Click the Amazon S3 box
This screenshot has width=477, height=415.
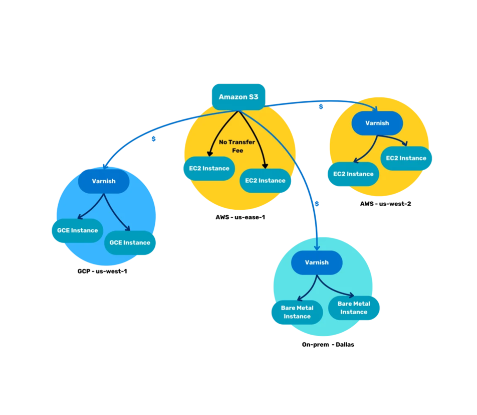[238, 97]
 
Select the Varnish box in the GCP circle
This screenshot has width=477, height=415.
[104, 181]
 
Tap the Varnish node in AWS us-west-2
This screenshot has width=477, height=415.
[377, 123]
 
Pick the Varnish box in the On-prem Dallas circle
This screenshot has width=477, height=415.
[317, 262]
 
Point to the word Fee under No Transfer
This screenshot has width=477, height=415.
[237, 151]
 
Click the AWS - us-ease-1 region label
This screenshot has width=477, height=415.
[236, 217]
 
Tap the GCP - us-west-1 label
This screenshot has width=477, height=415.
[102, 271]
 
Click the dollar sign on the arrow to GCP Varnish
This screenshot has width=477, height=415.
[153, 139]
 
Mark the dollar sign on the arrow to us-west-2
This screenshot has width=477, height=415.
[321, 106]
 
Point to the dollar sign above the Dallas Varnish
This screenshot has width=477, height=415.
[317, 204]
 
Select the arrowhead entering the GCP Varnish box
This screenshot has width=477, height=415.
[104, 167]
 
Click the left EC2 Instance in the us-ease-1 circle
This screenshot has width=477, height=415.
[209, 169]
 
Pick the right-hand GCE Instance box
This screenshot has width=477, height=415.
[130, 243]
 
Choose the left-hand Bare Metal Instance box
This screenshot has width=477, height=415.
[297, 312]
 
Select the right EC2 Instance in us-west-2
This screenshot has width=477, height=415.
[406, 158]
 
